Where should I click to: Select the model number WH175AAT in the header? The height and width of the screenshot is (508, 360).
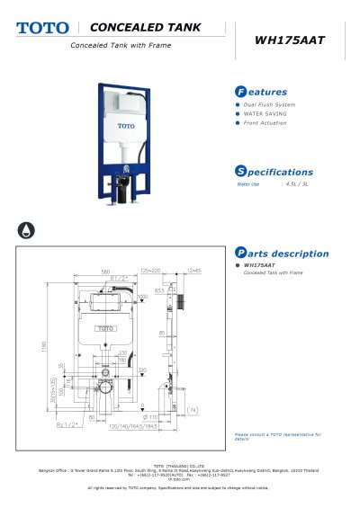(289, 40)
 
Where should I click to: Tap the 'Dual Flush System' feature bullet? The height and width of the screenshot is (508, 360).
(270, 105)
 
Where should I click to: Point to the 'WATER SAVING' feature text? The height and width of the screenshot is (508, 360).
(265, 114)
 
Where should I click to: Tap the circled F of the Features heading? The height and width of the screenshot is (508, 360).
(240, 92)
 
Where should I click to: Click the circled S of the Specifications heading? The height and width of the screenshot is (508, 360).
(240, 172)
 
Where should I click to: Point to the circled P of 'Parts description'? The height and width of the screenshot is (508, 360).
(240, 254)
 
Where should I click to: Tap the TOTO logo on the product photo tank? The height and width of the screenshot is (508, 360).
(125, 126)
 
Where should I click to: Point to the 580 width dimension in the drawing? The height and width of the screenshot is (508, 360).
(105, 270)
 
